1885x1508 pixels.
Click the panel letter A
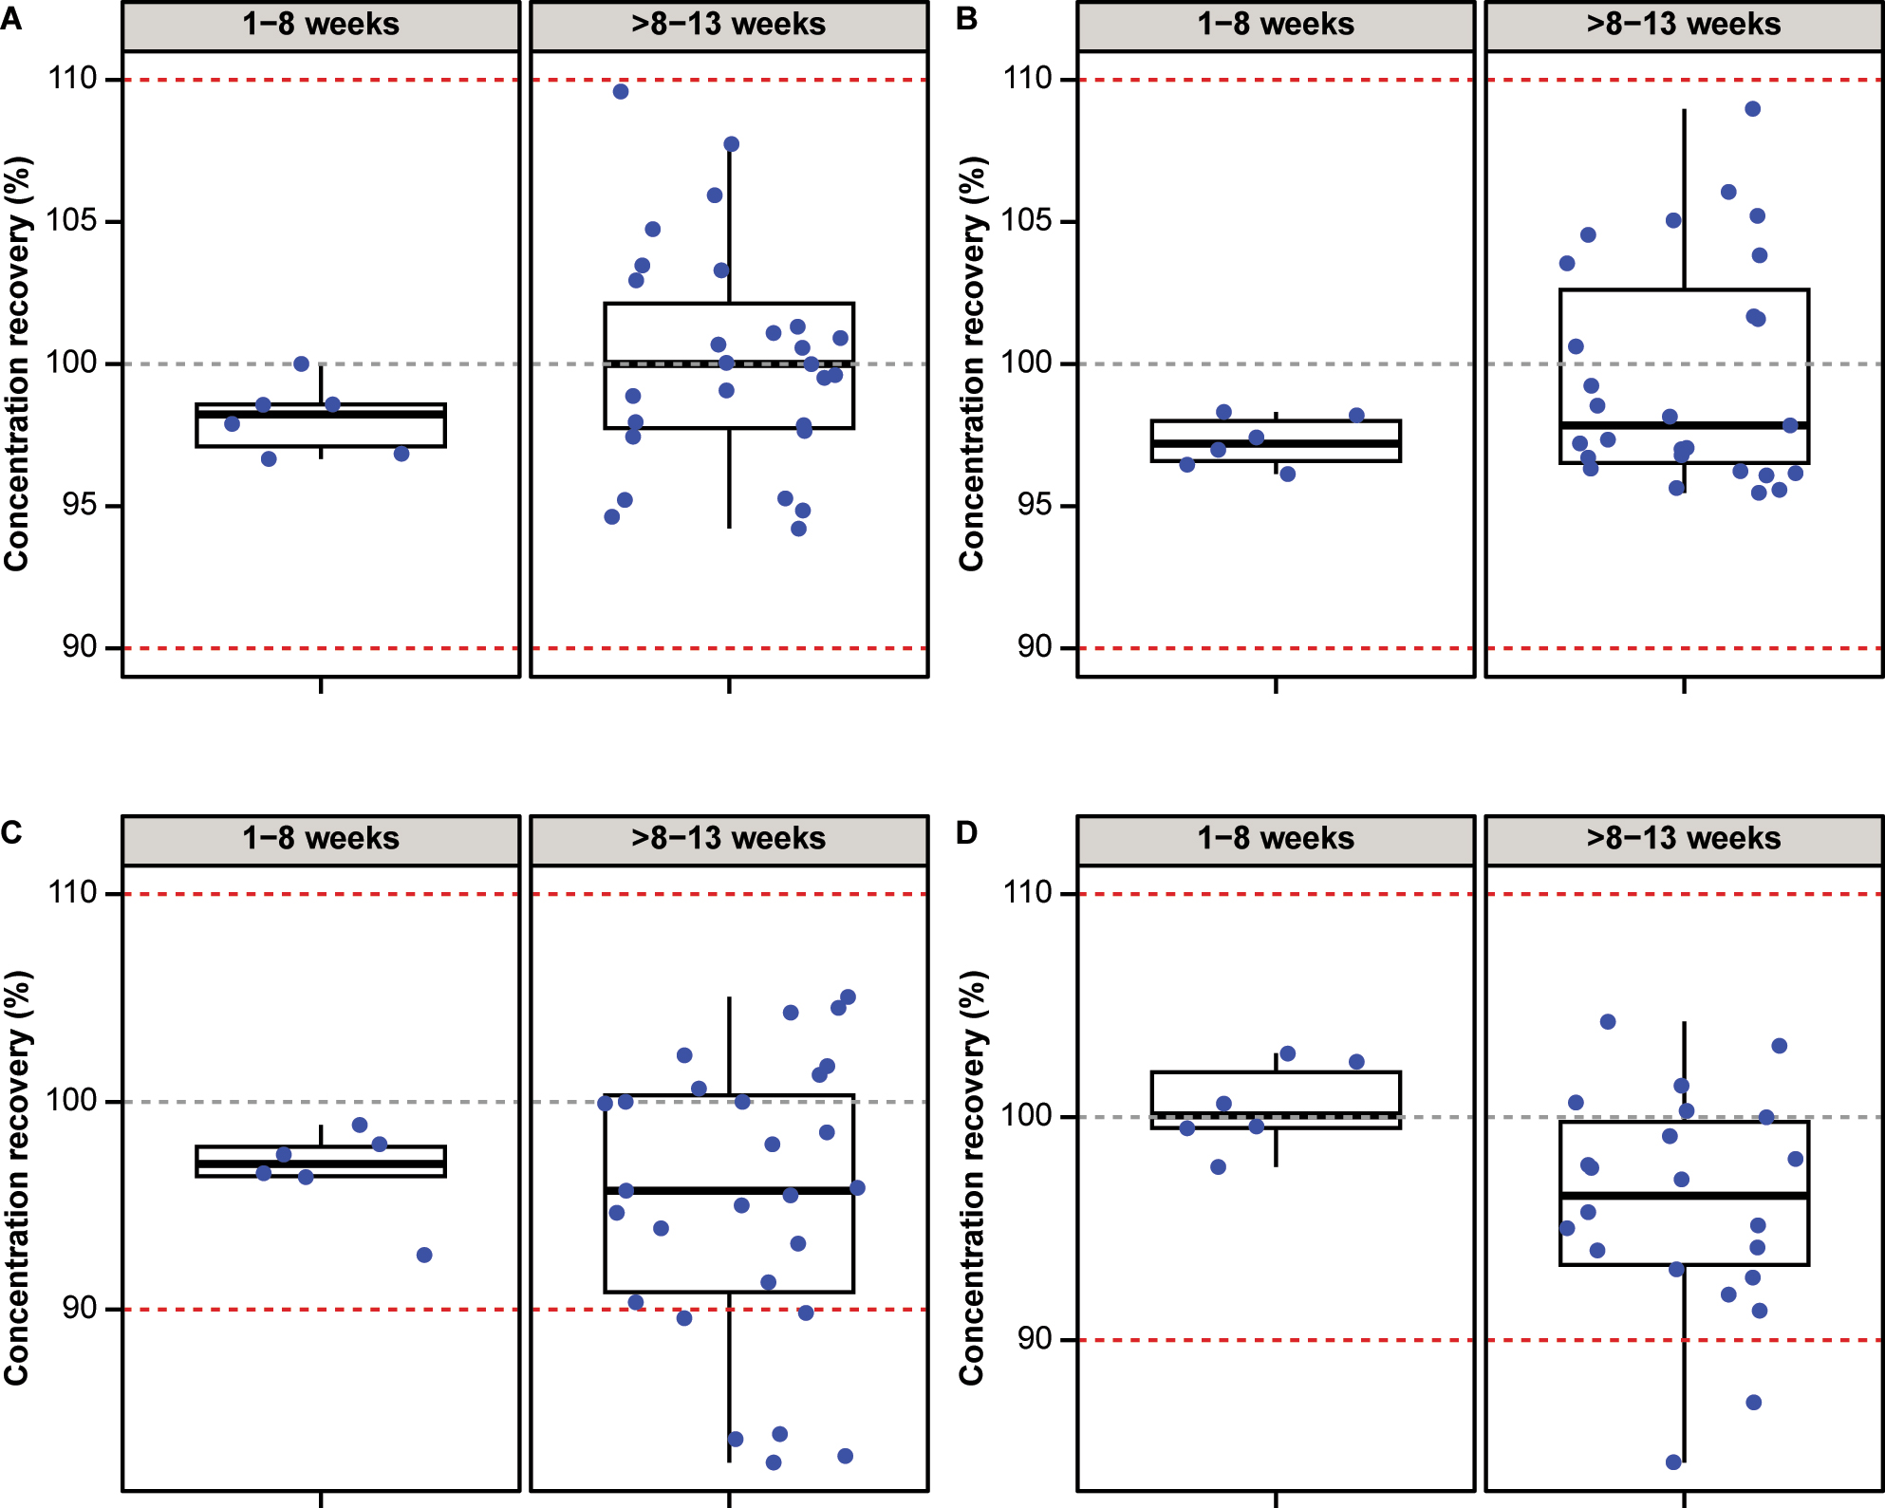11,18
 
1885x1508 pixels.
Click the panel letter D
966,832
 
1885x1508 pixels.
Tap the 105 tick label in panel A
72,220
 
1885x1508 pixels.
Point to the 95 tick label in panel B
1035,504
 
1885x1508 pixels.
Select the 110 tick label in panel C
72,892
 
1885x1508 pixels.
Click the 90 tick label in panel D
1035,1338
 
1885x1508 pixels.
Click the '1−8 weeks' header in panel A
321,24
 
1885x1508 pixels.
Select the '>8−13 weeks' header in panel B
1683,24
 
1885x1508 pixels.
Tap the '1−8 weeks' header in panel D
1275,838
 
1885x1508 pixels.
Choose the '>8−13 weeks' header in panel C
728,838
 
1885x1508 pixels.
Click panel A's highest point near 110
621,92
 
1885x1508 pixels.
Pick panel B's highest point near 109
1753,109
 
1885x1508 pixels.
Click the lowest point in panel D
1673,1462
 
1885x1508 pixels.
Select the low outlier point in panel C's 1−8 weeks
424,1255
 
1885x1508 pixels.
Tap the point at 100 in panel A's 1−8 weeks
302,363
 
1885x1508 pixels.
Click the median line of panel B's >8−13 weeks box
1684,425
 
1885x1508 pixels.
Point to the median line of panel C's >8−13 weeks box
729,1190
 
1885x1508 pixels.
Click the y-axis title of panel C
17,1177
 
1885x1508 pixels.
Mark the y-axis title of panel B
972,363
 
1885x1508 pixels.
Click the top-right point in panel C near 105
848,997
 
